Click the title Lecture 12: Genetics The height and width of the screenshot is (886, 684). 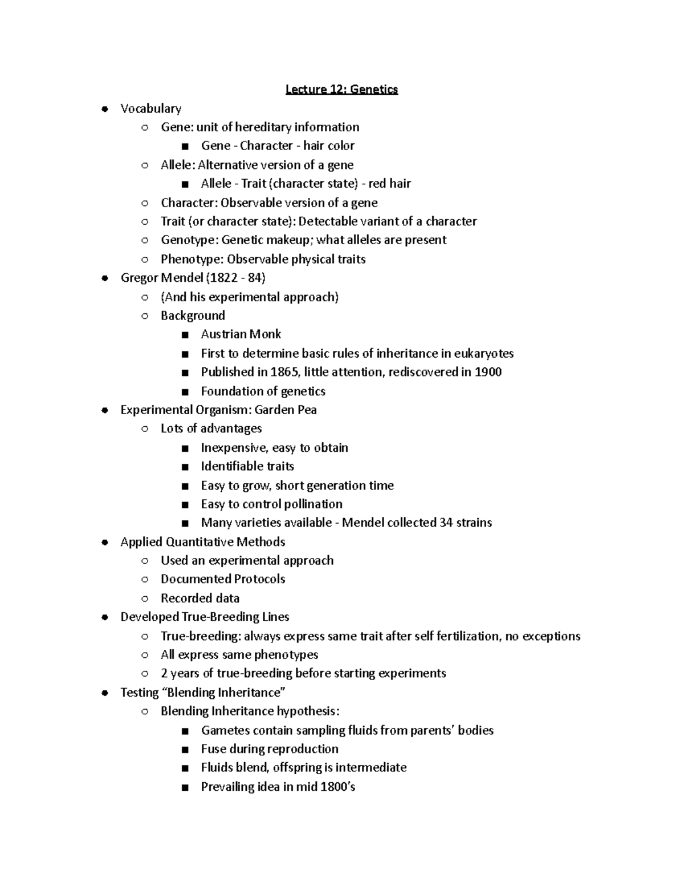coord(341,90)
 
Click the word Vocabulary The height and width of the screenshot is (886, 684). coord(150,108)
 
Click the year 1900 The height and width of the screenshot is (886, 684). coord(488,372)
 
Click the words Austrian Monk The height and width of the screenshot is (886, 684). coord(241,334)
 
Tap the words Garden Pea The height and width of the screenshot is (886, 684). coord(286,410)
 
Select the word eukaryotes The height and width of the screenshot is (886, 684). coord(483,353)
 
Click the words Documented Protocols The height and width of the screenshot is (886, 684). coord(222,579)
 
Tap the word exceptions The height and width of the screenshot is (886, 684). coord(551,636)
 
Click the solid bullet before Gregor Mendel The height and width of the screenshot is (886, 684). coord(104,278)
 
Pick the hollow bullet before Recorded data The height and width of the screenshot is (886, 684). coord(145,598)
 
